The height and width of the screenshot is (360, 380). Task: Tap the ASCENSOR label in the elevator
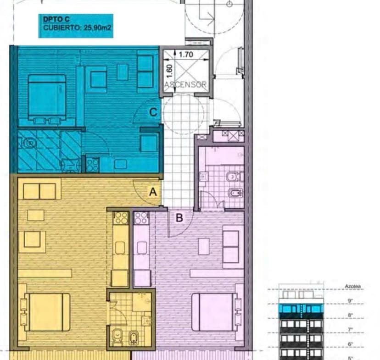coord(185,85)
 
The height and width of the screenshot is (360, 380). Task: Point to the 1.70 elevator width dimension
coord(186,55)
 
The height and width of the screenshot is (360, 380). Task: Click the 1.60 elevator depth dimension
coord(169,70)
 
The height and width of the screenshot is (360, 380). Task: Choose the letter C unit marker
coord(154,112)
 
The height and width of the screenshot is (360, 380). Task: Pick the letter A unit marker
coord(153,192)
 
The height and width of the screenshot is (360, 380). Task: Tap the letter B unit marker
coord(179,218)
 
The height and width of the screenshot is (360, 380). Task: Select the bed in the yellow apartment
coord(47,312)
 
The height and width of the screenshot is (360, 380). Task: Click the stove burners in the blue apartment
coord(92,164)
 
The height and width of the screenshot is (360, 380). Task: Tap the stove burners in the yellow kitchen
coord(121,217)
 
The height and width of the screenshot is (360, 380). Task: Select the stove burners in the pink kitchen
coord(141,217)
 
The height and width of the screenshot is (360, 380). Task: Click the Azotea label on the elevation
coord(352,287)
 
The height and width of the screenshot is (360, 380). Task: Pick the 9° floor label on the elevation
coord(350,301)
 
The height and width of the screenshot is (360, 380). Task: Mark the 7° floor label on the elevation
coord(350,329)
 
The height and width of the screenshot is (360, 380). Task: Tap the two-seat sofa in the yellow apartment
coord(39,191)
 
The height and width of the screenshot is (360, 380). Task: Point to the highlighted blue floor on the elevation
coord(301,309)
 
